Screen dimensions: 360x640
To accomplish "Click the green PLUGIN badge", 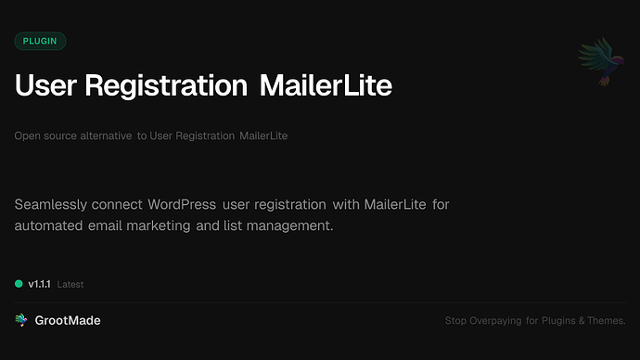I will (x=40, y=41).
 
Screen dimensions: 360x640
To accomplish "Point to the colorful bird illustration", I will (x=599, y=63).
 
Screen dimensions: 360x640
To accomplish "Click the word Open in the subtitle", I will (x=27, y=136).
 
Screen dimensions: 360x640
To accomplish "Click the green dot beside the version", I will (x=19, y=284).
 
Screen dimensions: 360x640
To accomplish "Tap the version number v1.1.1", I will (x=40, y=284).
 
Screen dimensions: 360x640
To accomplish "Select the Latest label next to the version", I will (x=70, y=285).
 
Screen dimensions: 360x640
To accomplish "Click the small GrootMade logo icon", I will (x=21, y=320).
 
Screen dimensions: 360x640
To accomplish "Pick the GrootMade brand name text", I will (x=68, y=320).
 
